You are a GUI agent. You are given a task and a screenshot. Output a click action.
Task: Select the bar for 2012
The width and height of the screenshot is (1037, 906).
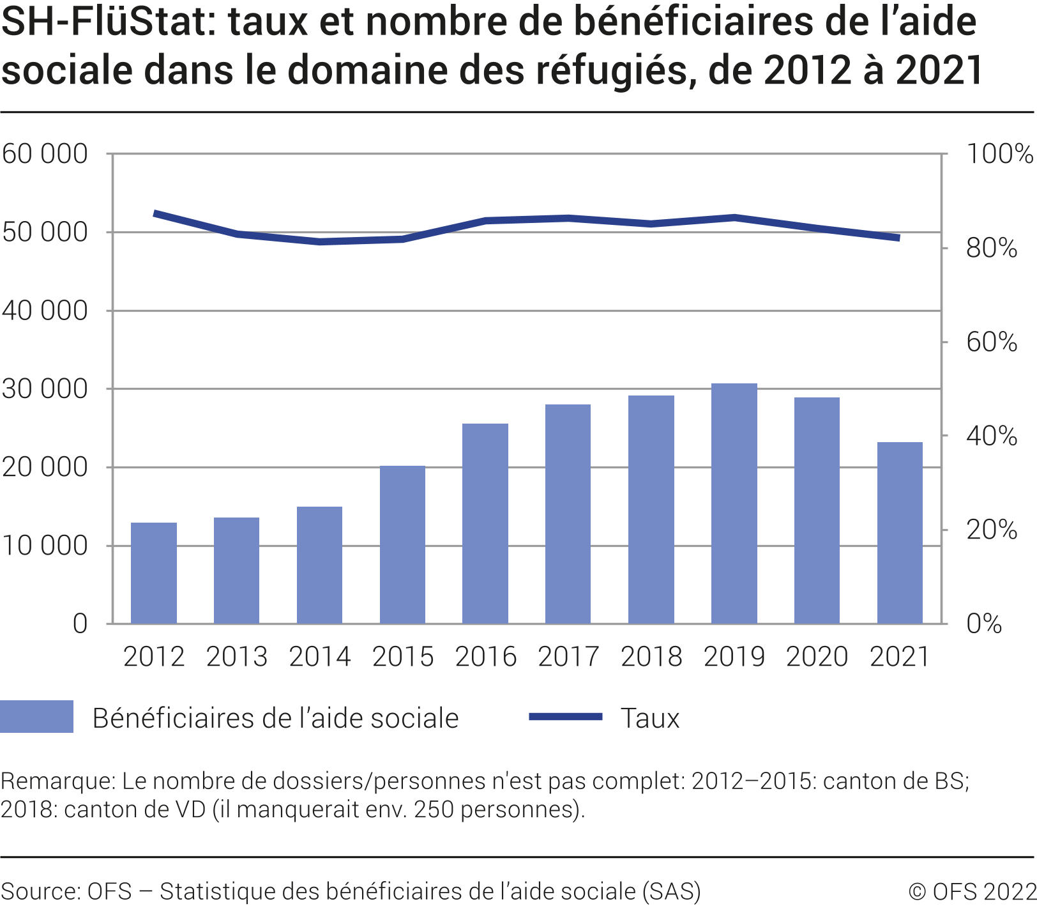(154, 573)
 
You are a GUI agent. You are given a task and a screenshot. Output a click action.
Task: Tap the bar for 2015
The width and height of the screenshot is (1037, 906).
(402, 544)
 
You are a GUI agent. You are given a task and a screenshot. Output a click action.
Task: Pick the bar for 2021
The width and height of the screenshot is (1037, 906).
(900, 533)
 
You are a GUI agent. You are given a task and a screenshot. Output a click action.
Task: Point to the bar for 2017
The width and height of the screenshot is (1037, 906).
(568, 514)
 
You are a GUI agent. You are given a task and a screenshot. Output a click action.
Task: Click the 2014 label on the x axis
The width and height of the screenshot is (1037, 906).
(320, 657)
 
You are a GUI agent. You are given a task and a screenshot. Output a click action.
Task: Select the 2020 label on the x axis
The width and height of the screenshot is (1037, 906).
(817, 657)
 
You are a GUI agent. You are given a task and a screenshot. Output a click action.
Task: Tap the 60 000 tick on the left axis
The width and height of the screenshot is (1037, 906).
(45, 154)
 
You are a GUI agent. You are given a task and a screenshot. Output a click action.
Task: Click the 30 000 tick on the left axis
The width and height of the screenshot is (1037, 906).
(45, 388)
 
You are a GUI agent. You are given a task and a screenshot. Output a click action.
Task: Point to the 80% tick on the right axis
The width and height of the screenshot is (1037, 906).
(991, 248)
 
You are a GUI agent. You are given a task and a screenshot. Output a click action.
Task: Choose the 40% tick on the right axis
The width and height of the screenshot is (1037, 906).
(991, 436)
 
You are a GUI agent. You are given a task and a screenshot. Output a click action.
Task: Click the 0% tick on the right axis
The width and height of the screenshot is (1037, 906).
(984, 624)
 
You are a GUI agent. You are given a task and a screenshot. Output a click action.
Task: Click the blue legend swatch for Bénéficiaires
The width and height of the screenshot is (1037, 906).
(36, 716)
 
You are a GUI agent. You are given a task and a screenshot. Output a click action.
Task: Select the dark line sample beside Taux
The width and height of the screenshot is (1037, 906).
(566, 716)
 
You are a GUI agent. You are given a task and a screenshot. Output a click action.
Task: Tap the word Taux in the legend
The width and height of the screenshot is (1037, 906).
(649, 718)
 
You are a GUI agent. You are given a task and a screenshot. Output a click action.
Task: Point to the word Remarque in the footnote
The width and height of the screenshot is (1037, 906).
(58, 781)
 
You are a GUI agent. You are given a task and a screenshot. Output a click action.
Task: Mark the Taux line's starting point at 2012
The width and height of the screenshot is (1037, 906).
(155, 213)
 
